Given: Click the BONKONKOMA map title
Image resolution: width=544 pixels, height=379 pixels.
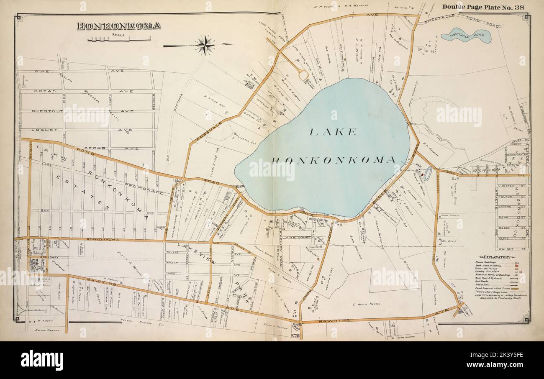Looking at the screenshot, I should (x=118, y=26).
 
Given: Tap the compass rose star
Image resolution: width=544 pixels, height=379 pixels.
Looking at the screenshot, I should (x=205, y=45).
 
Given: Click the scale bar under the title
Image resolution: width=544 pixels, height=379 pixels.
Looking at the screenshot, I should (x=119, y=40).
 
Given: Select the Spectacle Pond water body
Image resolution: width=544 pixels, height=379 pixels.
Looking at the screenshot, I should (x=471, y=36).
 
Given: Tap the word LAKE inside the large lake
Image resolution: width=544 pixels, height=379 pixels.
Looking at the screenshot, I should (x=333, y=132).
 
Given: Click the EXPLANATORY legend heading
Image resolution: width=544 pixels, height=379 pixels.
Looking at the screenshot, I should (x=496, y=256).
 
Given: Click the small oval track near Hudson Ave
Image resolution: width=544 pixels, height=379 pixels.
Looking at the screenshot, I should (x=427, y=174).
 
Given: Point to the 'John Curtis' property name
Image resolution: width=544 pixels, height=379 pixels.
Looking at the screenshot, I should (x=450, y=216).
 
